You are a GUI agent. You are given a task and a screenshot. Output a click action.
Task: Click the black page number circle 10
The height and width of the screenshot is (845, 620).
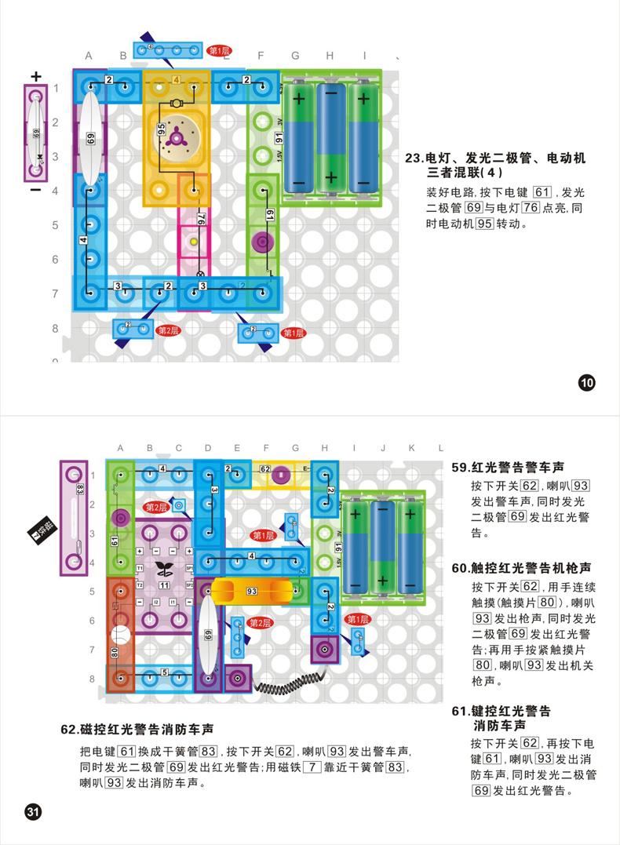pos(587,384)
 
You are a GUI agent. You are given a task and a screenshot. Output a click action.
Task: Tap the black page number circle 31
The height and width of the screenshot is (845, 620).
pos(33,811)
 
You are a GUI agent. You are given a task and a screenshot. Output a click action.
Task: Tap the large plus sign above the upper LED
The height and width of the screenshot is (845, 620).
pos(35,76)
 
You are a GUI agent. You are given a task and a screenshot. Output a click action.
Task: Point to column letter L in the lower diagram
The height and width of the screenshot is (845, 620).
pos(441,448)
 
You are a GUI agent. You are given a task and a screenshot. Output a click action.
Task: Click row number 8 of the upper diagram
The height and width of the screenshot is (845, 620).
pos(55,328)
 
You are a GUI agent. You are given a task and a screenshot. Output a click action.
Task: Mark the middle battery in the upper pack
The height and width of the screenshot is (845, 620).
pos(331,138)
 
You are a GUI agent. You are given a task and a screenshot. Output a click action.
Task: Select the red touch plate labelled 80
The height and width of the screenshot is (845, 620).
pos(120,636)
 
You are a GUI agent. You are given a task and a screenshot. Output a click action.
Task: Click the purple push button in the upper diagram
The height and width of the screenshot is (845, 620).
pos(261,242)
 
